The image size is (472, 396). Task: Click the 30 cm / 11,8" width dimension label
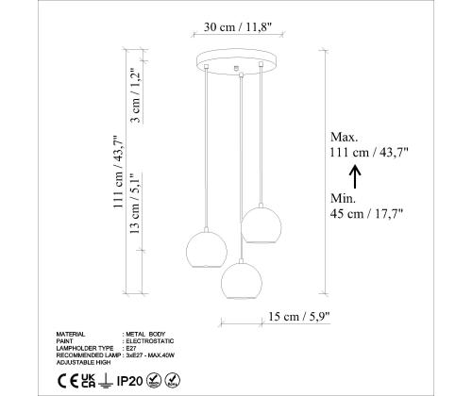coord(238,27)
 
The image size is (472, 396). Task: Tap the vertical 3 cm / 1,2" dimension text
coord(136,95)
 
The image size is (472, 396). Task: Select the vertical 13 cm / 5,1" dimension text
coord(135,204)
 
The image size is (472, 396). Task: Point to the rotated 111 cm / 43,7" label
coord(119,172)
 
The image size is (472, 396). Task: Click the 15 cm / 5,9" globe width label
coord(299,317)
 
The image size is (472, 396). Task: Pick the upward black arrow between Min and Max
coord(355,176)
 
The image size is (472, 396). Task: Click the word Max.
coord(345,137)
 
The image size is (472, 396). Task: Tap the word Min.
coord(343,198)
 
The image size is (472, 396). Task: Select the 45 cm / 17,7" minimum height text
coord(366,214)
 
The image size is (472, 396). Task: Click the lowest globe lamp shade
coord(242,281)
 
